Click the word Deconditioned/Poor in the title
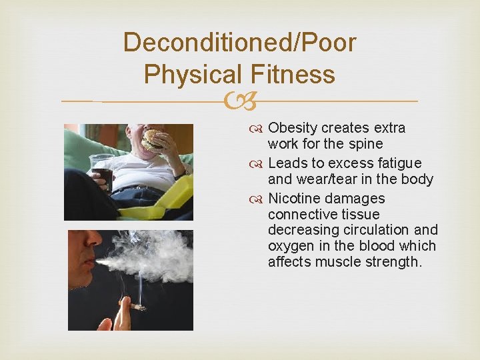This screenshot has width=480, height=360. coord(239,43)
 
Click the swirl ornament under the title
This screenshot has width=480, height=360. coord(239,101)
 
